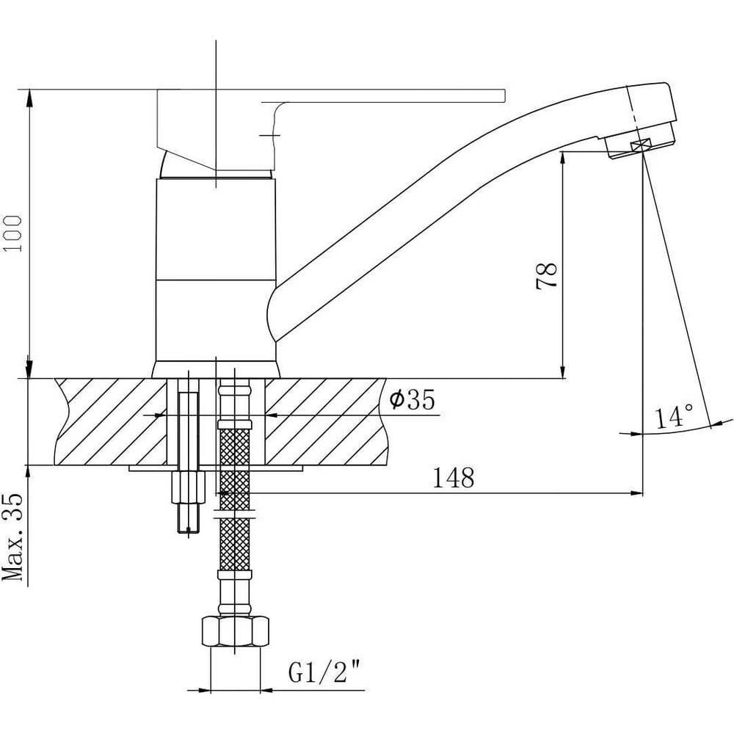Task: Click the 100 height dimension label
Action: tap(12, 233)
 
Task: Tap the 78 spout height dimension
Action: tap(546, 276)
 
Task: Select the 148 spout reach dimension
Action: tap(453, 478)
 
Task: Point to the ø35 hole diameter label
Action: tap(413, 399)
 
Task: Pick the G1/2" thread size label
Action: tap(325, 672)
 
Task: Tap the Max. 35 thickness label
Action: tap(13, 537)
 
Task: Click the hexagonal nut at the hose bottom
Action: tap(235, 632)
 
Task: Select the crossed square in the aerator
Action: tap(641, 145)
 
